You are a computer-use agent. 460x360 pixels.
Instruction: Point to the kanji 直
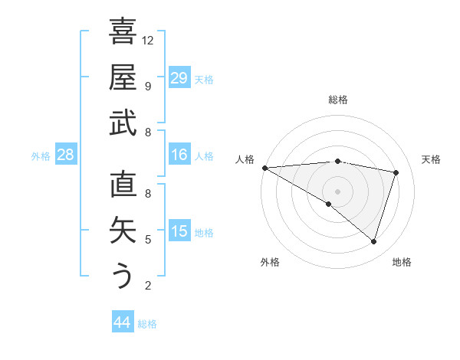click(x=123, y=185)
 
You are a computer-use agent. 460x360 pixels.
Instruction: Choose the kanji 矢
click(x=123, y=231)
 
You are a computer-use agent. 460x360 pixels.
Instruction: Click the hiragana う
click(x=123, y=276)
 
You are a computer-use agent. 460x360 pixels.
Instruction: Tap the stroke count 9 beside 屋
click(x=147, y=86)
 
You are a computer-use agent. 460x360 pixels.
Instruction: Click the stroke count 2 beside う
click(x=147, y=286)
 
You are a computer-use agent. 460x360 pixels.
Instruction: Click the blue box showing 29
click(x=179, y=78)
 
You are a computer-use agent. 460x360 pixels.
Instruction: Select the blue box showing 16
click(x=179, y=155)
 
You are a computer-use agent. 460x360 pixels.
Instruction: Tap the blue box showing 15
click(x=179, y=231)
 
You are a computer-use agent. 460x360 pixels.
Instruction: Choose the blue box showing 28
click(x=66, y=155)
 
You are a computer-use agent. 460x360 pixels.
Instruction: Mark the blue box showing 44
click(x=122, y=322)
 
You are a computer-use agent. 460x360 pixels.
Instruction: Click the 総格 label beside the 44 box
click(x=147, y=324)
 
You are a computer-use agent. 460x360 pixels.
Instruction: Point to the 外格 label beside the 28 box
click(x=41, y=156)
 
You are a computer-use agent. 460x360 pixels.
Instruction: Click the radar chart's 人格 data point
click(x=264, y=168)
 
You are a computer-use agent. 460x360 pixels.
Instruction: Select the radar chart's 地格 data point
click(x=373, y=242)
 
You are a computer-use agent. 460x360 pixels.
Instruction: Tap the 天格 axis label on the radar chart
click(x=431, y=159)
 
